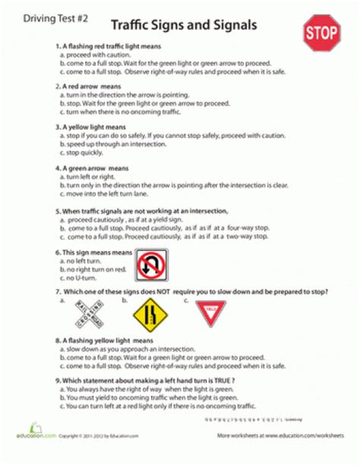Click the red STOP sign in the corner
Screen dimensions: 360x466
pos(321,34)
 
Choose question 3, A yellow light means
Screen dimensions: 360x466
pos(92,126)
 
